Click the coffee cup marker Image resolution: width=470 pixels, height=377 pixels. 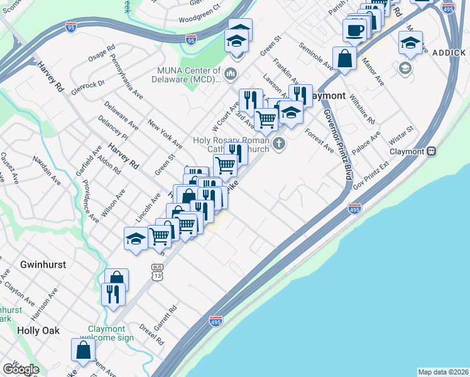click(355, 30)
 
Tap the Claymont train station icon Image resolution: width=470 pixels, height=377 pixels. click(432, 151)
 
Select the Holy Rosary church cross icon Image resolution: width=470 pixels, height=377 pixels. click(279, 145)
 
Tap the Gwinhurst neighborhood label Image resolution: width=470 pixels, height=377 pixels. click(43, 265)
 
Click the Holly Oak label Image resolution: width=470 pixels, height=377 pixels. click(38, 331)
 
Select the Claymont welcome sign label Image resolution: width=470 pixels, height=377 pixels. click(111, 333)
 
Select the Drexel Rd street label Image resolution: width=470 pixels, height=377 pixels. click(151, 334)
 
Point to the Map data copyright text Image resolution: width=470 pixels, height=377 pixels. click(444, 372)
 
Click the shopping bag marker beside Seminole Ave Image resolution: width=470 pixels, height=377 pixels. click(344, 58)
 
